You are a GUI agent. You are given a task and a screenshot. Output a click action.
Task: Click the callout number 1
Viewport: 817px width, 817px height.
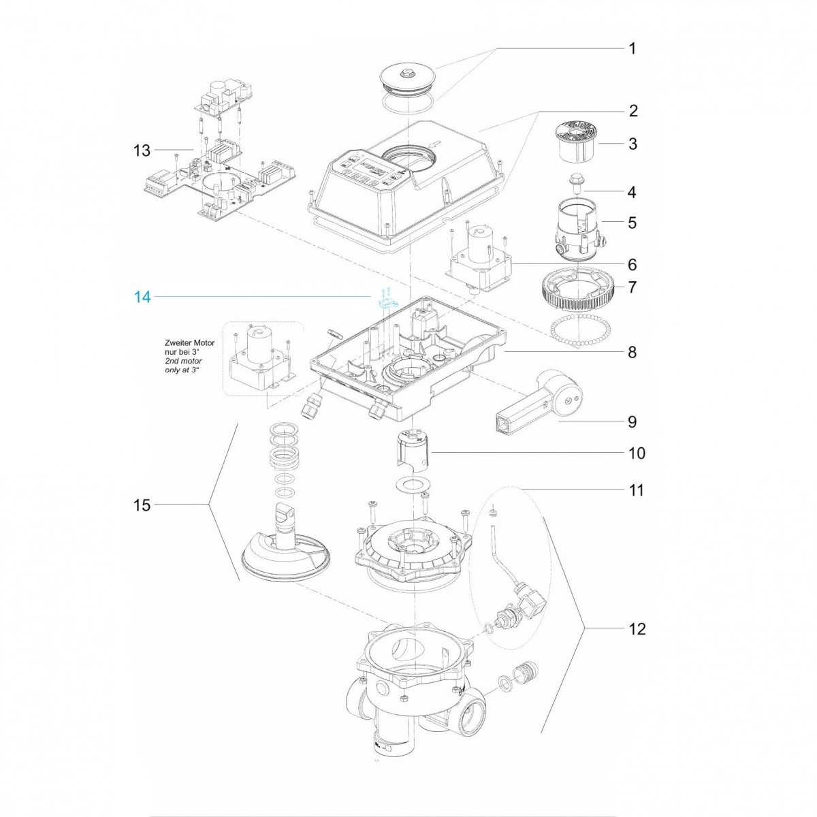click(x=632, y=48)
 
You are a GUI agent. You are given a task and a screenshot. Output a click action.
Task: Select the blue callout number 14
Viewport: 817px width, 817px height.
click(x=142, y=297)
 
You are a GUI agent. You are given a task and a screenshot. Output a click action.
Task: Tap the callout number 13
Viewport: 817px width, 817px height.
click(x=142, y=150)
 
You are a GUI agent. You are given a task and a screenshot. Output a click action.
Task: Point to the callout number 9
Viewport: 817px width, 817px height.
click(x=632, y=422)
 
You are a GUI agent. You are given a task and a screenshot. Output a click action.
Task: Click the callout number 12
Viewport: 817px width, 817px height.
click(x=637, y=628)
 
